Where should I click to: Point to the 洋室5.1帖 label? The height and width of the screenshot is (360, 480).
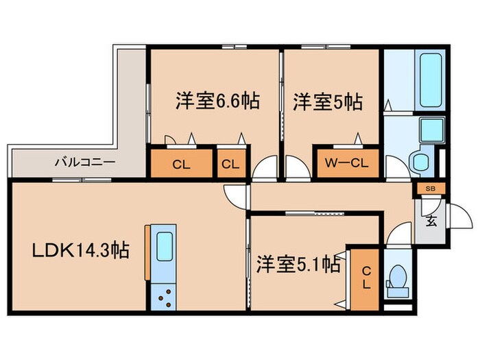pyautogui.click(x=299, y=264)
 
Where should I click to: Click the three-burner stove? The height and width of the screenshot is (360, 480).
pyautogui.click(x=165, y=297)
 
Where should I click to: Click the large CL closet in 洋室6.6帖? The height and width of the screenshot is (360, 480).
pyautogui.click(x=181, y=165)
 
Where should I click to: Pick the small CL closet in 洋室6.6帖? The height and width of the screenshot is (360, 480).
pyautogui.click(x=229, y=165)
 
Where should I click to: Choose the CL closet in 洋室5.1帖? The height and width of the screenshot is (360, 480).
pyautogui.click(x=365, y=278)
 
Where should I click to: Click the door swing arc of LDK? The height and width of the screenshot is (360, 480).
pyautogui.click(x=235, y=195)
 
